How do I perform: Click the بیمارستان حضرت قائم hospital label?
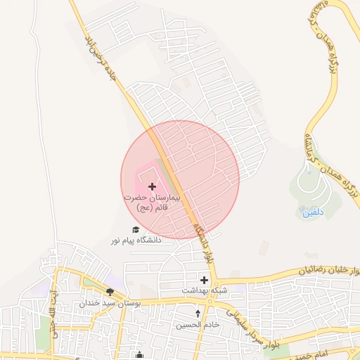click(x=152, y=204)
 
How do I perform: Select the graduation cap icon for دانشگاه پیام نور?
click(x=136, y=229)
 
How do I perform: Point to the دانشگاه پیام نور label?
click(x=136, y=240)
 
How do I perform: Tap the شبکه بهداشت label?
click(x=204, y=290)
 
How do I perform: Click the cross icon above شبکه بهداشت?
click(x=204, y=280)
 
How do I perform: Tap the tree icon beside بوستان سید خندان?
click(x=110, y=292)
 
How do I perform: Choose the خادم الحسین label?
click(x=198, y=325)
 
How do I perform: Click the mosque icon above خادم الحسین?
click(x=198, y=314)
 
